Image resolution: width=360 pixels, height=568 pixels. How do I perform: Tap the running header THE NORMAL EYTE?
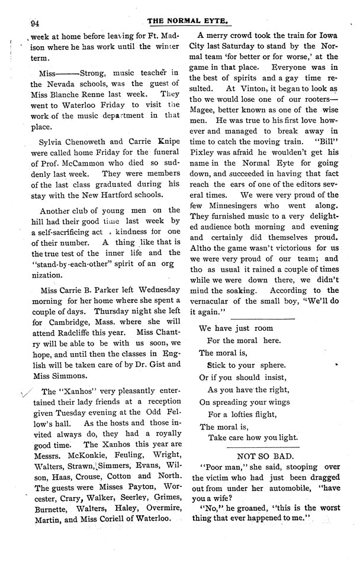tap(188, 20)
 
